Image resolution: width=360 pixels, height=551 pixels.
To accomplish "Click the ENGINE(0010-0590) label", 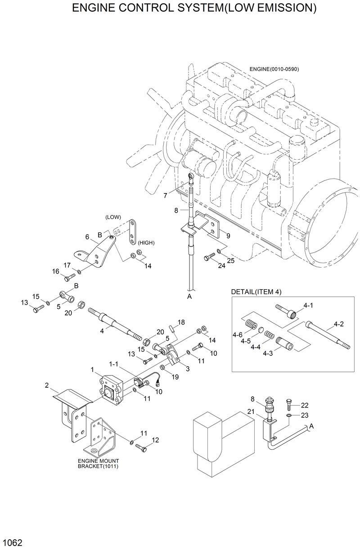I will click(x=274, y=69).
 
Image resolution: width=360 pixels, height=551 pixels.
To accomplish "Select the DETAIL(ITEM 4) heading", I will click(x=256, y=291).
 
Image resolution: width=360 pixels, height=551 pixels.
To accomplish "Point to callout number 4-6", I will click(x=238, y=334).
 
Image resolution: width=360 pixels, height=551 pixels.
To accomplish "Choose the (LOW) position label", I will click(x=113, y=217).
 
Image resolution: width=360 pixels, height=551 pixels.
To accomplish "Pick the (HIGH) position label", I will click(x=146, y=242).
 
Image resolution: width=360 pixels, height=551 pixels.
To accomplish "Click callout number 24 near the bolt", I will click(x=221, y=265).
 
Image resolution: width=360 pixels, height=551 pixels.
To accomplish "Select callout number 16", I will click(x=56, y=271).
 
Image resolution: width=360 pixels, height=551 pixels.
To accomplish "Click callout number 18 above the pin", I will click(x=181, y=322).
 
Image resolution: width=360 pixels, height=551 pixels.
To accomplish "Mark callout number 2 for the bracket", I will click(x=46, y=385).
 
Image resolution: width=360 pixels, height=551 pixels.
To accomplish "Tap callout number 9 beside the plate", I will click(x=228, y=235).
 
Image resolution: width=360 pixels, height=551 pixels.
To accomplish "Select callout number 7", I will click(x=166, y=196).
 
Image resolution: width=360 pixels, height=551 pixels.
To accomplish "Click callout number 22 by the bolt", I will click(x=305, y=404).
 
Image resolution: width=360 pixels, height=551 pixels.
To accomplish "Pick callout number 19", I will click(x=174, y=377).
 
